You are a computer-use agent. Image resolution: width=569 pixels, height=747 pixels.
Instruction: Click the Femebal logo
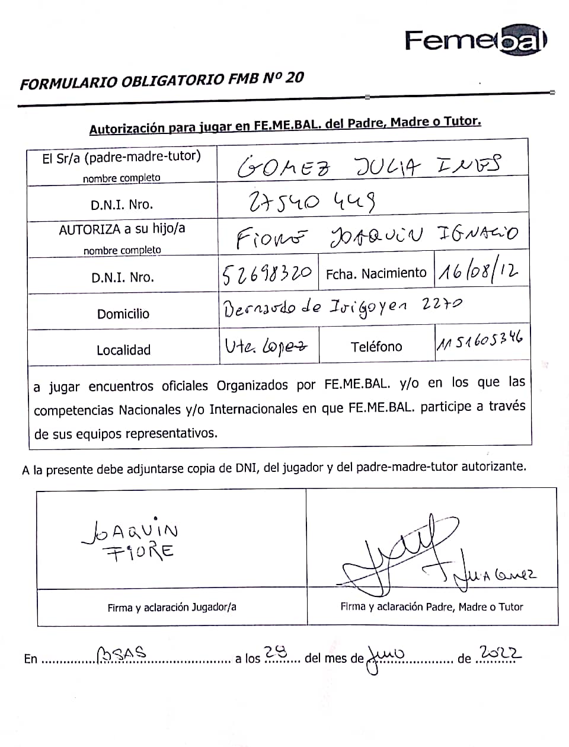pos(475,40)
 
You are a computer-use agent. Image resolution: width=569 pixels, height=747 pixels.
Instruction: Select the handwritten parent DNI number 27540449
pos(311,202)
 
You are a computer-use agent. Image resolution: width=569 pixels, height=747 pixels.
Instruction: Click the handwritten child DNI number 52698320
pos(267,273)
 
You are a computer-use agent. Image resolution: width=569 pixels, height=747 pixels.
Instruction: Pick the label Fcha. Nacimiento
pos(376,273)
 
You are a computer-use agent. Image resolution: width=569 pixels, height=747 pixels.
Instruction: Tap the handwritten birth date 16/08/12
pos(478,271)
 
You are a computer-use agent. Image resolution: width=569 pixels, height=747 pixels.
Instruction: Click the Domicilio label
pos(123,314)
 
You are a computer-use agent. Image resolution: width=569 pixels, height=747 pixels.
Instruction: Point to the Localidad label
pos(123,350)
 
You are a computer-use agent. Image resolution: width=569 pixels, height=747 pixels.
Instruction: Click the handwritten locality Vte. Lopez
pos(266,346)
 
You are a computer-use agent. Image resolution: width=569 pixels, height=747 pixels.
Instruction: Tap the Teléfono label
pos(376,347)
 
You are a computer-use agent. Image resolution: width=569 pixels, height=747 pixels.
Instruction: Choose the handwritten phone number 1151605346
pos(480,342)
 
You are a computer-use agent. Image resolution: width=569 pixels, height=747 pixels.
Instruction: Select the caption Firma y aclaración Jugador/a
pos(172,607)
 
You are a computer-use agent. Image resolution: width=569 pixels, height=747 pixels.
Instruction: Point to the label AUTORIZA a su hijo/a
pos(122,229)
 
